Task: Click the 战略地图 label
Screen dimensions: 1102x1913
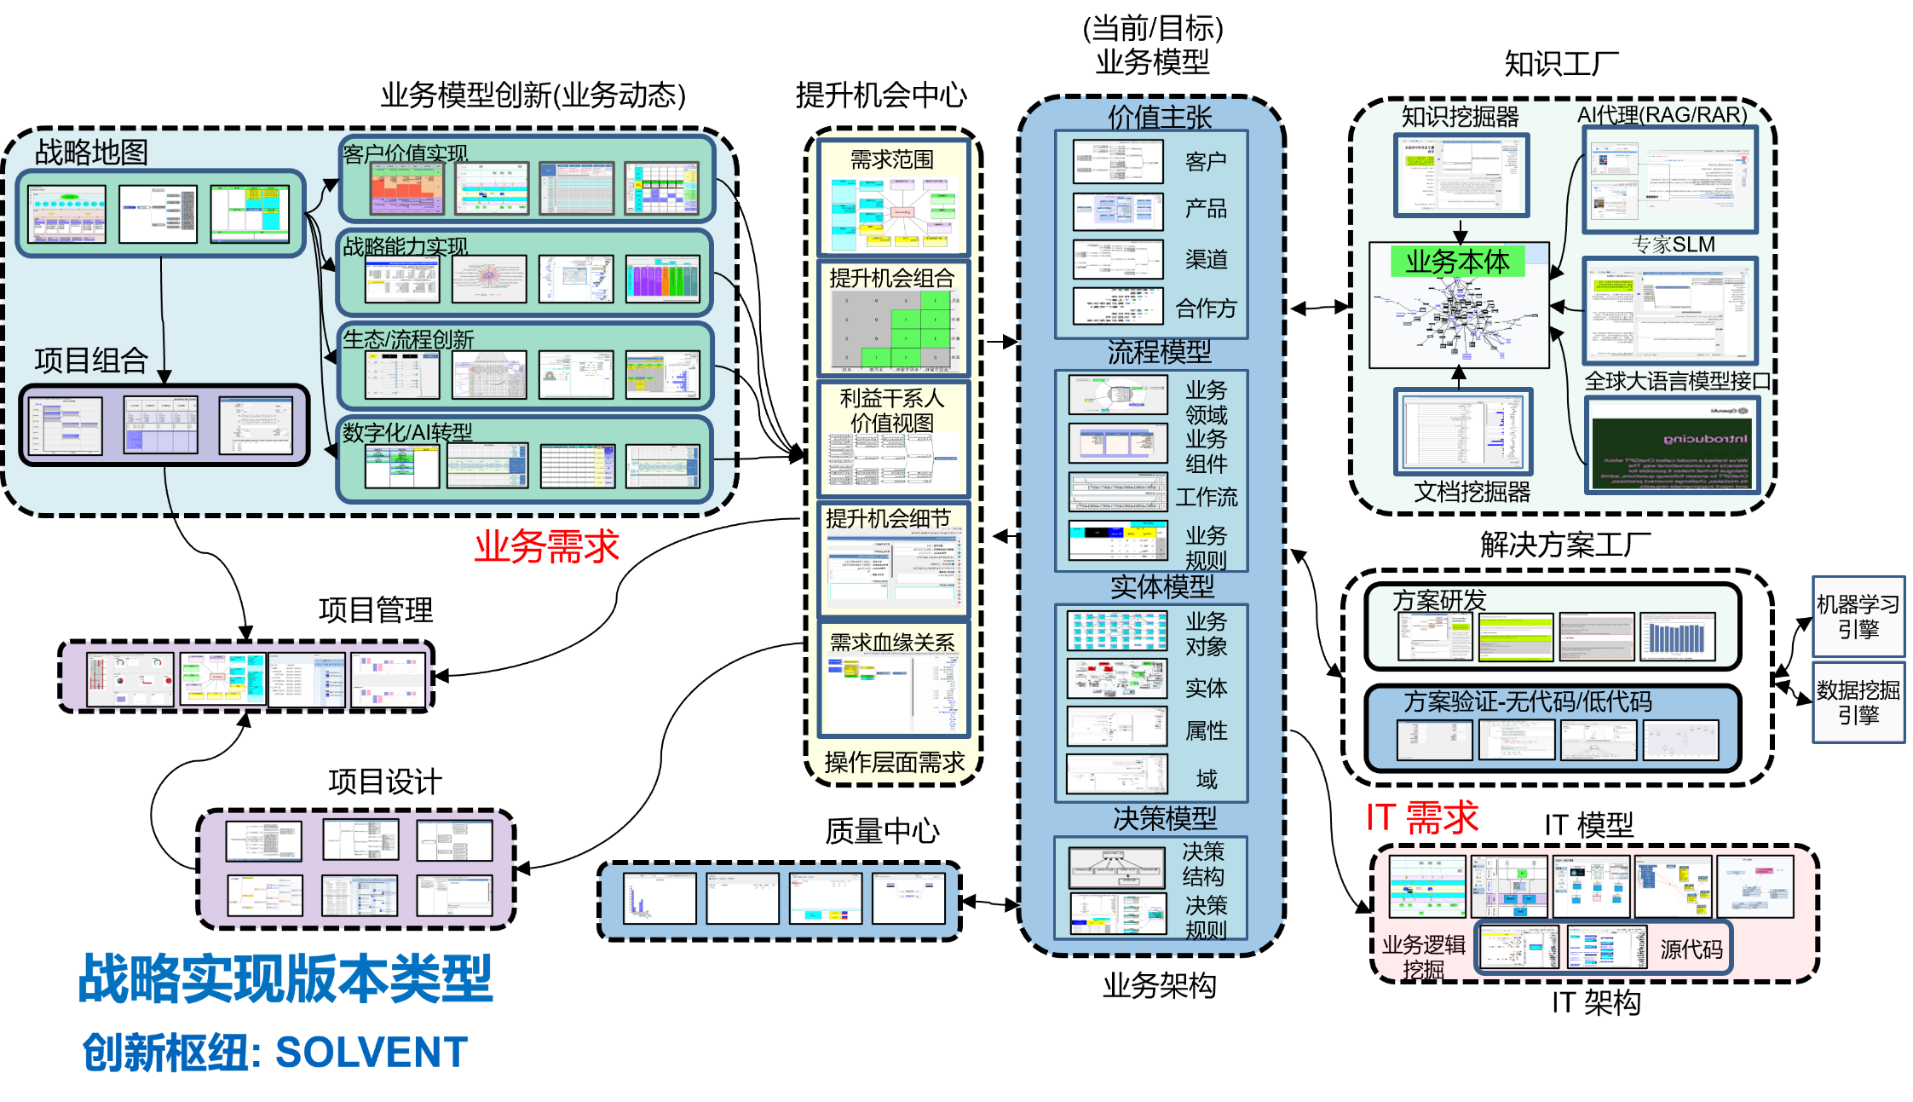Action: pyautogui.click(x=91, y=153)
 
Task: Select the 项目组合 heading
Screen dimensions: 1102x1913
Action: pyautogui.click(x=91, y=361)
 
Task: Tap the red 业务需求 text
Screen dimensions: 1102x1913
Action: pyautogui.click(x=546, y=546)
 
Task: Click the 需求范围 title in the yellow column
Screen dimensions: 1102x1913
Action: pyautogui.click(x=891, y=159)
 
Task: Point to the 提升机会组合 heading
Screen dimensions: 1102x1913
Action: pyautogui.click(x=891, y=278)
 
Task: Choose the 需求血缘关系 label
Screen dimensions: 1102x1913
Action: pyautogui.click(x=891, y=643)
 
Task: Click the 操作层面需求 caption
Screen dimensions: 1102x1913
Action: pyautogui.click(x=894, y=762)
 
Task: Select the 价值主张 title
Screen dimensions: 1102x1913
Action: pyautogui.click(x=1159, y=117)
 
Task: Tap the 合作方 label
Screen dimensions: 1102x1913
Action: pyautogui.click(x=1206, y=308)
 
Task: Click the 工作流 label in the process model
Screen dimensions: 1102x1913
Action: pyautogui.click(x=1206, y=497)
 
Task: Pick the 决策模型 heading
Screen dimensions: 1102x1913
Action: pyautogui.click(x=1164, y=819)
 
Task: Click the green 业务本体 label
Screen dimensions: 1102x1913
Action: pyautogui.click(x=1457, y=262)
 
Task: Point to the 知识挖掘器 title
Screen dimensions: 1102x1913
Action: pyautogui.click(x=1460, y=116)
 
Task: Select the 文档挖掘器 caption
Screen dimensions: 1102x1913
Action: pyautogui.click(x=1472, y=492)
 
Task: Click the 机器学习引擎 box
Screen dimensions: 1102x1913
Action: pyautogui.click(x=1858, y=617)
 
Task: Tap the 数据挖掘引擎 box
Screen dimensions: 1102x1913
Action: pyautogui.click(x=1858, y=702)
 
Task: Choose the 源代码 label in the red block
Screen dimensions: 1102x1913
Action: pyautogui.click(x=1691, y=949)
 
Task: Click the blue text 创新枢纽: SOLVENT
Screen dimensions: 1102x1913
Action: pyautogui.click(x=275, y=1053)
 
